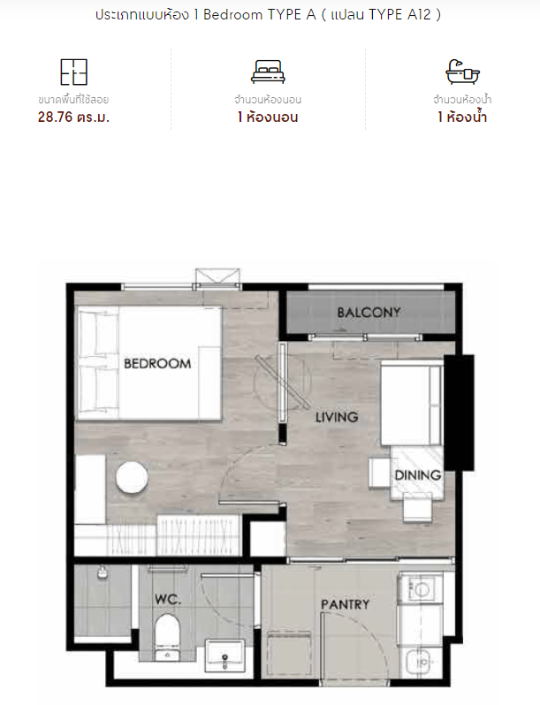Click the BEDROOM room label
coord(157,363)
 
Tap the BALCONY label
coord(369,312)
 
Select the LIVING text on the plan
coord(337,417)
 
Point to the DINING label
coord(418,474)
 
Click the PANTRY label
coord(345,604)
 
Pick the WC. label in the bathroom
coord(168,599)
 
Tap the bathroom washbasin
coord(224,656)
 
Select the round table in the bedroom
coord(132,478)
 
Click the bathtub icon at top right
coord(462,72)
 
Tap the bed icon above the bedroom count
coord(268,72)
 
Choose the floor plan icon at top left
coord(73,72)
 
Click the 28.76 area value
coord(55,117)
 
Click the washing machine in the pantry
coord(421,588)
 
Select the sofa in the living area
coord(411,403)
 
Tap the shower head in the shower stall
coord(103,572)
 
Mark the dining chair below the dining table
coord(417,507)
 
